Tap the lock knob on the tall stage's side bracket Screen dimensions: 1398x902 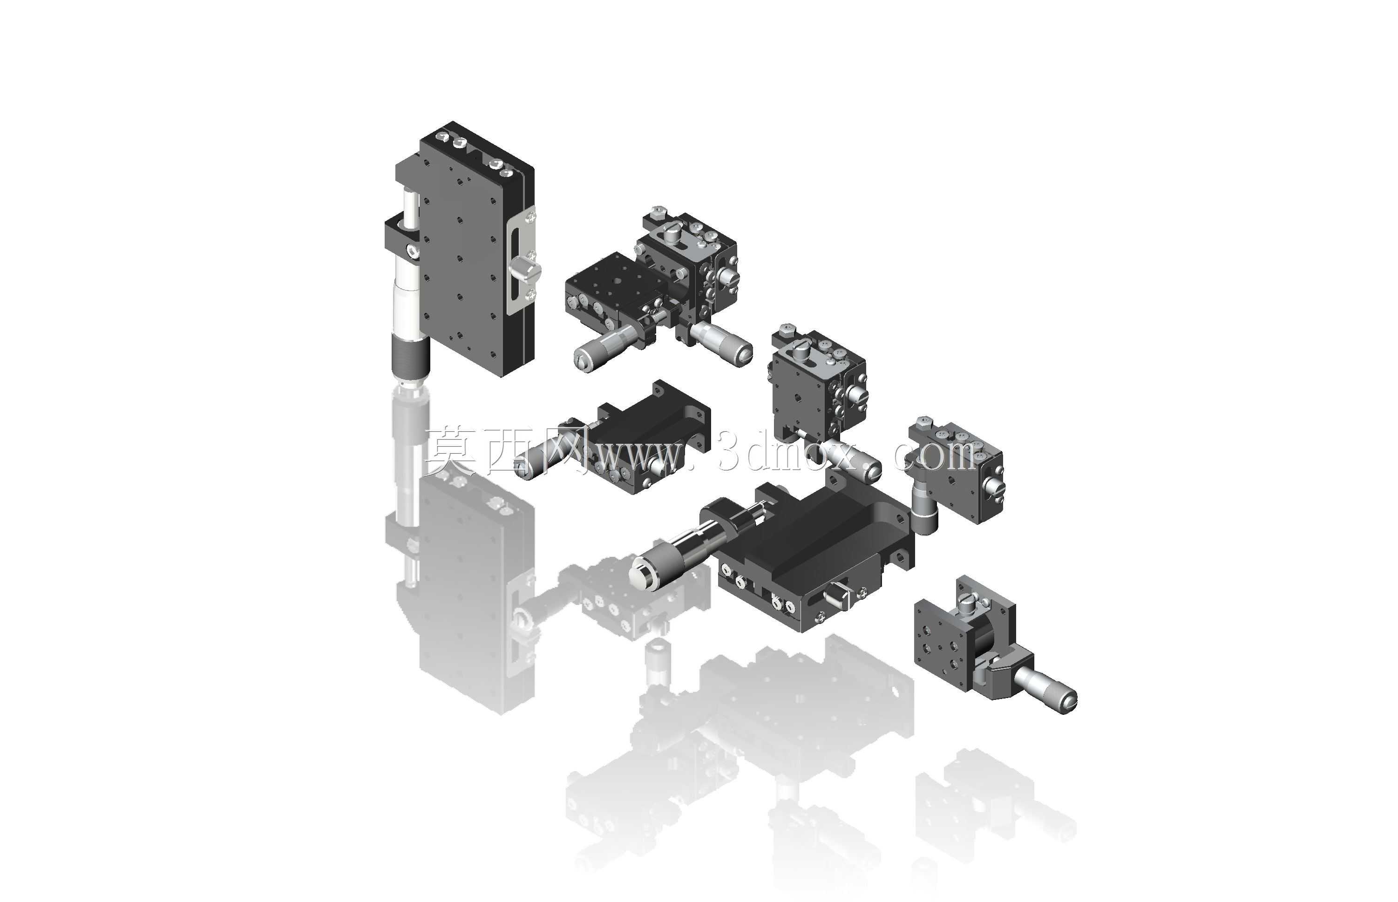(525, 271)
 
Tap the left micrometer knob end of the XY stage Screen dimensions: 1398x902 (584, 359)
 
